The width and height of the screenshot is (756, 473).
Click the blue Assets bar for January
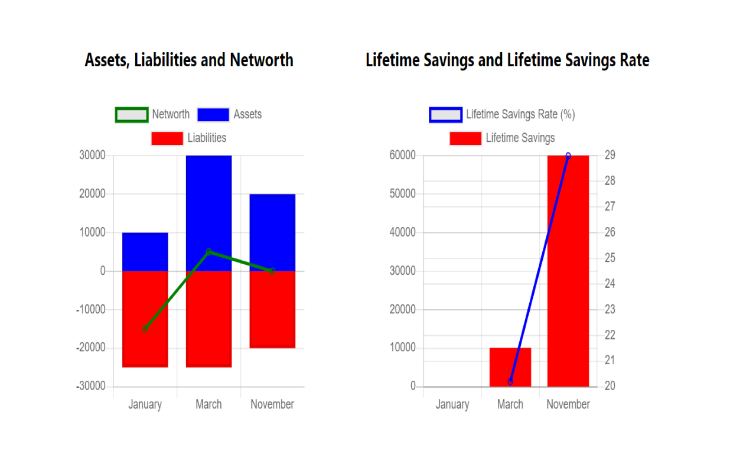(x=145, y=251)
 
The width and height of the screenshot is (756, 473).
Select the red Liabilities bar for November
(x=272, y=309)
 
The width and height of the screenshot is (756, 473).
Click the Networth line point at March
(x=208, y=252)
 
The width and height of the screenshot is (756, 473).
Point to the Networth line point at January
(x=145, y=329)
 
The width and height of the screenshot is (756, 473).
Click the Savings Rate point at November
(x=568, y=156)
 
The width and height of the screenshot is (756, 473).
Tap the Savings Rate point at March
(x=510, y=381)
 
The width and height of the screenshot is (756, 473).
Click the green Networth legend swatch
(x=131, y=115)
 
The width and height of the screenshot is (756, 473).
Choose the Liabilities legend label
(x=207, y=138)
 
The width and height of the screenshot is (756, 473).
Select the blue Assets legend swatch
(x=213, y=115)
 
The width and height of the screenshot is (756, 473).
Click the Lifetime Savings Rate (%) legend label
(x=520, y=115)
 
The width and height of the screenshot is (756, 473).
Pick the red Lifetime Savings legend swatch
(x=465, y=138)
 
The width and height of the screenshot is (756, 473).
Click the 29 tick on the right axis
(x=610, y=155)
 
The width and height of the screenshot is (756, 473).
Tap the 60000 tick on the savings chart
(x=403, y=155)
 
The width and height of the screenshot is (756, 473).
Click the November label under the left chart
(x=272, y=404)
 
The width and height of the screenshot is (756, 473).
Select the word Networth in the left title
(x=262, y=60)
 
